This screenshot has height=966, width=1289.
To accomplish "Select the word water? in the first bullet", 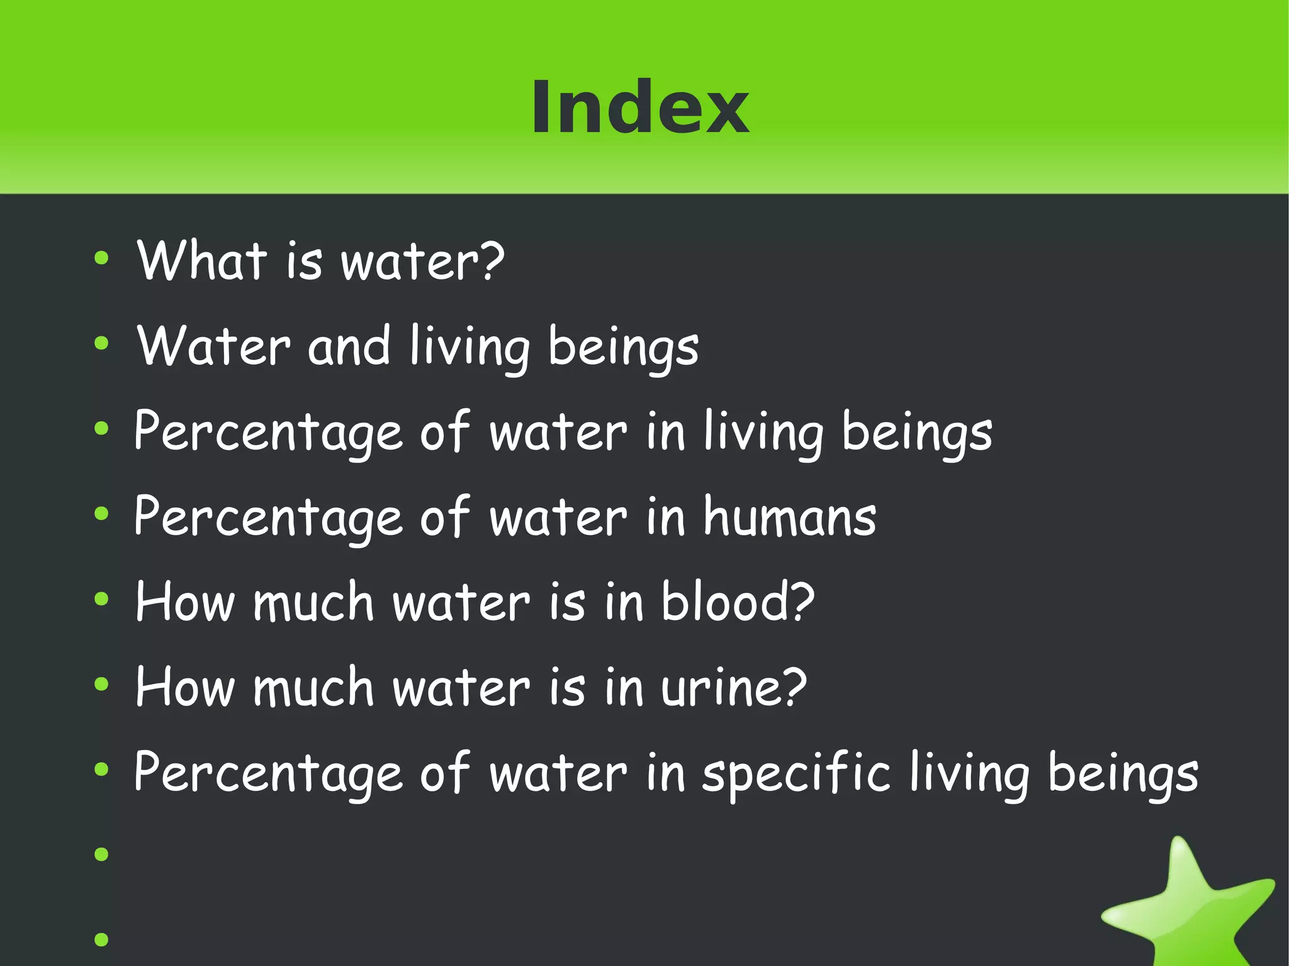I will coord(422,261).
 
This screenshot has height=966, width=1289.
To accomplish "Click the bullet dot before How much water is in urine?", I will coord(101,684).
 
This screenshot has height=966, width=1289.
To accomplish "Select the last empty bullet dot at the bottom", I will coord(101,940).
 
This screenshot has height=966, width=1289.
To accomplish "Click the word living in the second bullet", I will coord(470,346).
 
